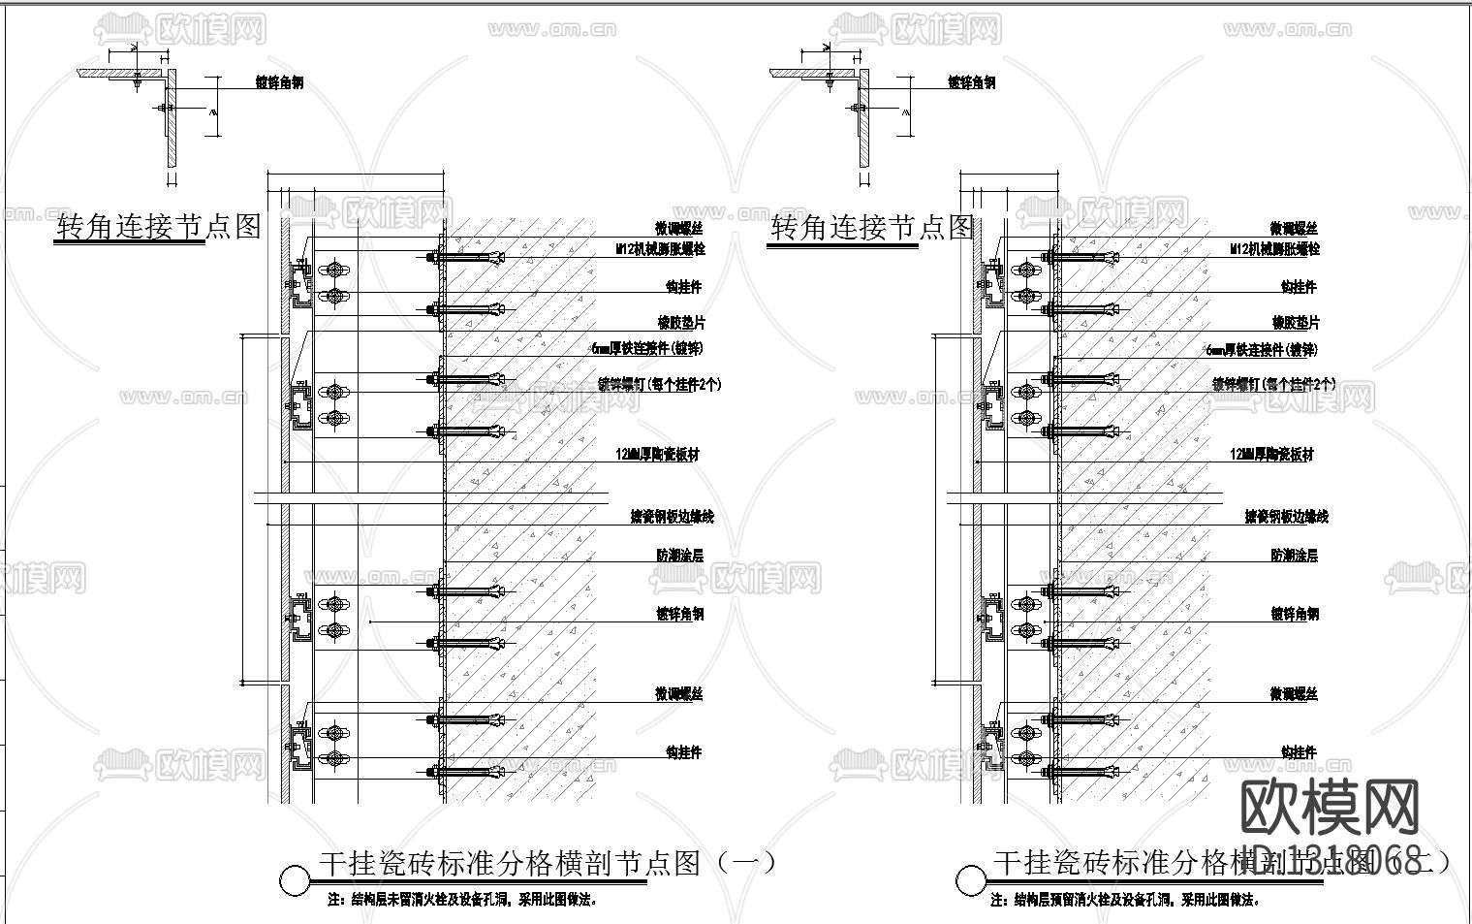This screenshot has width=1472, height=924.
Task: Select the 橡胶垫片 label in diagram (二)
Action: click(x=1296, y=323)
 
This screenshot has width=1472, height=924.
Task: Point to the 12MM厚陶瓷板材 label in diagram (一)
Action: click(x=657, y=454)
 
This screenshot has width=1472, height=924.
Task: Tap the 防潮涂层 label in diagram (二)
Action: click(x=1294, y=556)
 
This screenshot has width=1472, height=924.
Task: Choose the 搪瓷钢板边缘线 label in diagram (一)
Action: click(x=672, y=517)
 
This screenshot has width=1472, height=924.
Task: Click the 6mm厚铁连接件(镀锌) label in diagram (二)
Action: click(x=1261, y=350)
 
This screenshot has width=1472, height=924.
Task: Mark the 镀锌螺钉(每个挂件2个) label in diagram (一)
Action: click(x=659, y=385)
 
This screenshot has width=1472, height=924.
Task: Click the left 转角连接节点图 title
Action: click(x=159, y=227)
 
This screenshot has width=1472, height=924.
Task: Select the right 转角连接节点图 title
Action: click(x=871, y=228)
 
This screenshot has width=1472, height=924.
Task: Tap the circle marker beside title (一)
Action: click(x=294, y=880)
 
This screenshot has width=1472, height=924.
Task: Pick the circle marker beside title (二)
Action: click(x=970, y=880)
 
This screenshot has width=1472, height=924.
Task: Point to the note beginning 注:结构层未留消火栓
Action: click(x=462, y=900)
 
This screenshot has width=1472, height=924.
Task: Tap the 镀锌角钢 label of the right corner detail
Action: click(x=971, y=83)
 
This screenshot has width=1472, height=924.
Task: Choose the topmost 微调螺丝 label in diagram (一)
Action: click(x=678, y=229)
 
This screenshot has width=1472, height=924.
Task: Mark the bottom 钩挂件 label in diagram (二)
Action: click(x=1298, y=752)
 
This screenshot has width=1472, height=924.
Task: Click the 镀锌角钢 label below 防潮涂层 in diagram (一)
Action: click(x=679, y=614)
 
